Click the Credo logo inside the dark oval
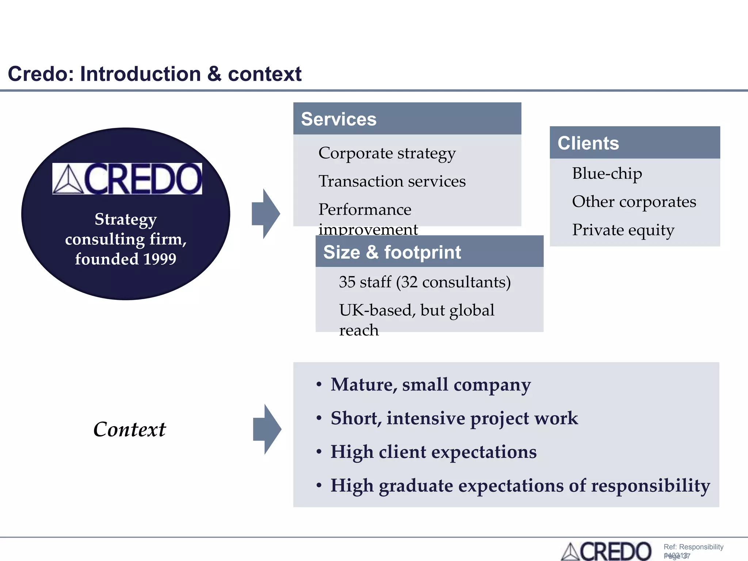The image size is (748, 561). click(x=127, y=179)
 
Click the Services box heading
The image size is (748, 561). click(x=339, y=119)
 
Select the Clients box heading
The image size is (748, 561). click(x=588, y=143)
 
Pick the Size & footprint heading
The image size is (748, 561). click(x=392, y=252)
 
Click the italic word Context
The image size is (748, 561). click(x=129, y=429)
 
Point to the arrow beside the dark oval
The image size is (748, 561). click(x=266, y=214)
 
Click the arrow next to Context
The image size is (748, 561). click(x=267, y=429)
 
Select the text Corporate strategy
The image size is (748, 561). click(x=387, y=153)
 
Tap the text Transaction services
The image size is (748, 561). click(x=392, y=181)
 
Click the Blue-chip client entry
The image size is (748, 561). click(x=607, y=173)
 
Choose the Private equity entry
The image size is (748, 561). click(x=623, y=230)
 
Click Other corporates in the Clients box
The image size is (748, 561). click(x=634, y=202)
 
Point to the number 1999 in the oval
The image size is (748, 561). click(x=160, y=259)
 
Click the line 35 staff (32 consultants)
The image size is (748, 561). click(x=424, y=282)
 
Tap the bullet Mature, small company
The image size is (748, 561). click(x=430, y=385)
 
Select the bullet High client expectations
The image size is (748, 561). click(x=433, y=452)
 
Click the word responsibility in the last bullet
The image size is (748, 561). click(x=650, y=486)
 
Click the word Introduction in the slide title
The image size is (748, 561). click(x=140, y=74)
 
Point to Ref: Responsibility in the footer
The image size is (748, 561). click(x=693, y=547)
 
